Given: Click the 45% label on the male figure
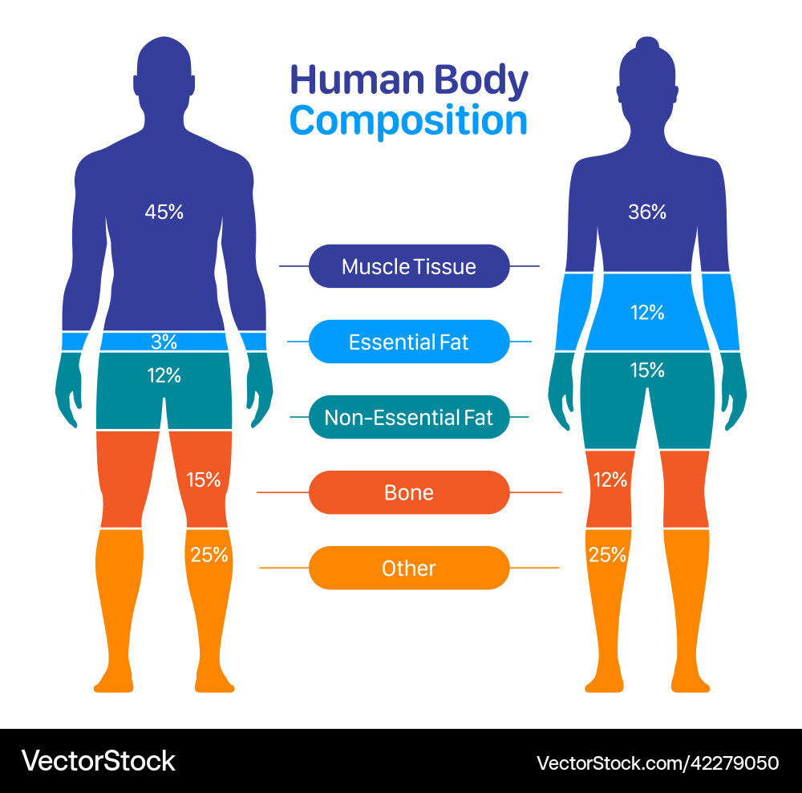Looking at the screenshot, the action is click(164, 212).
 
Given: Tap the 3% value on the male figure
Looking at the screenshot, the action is click(164, 342).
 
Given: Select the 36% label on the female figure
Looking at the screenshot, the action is click(647, 212).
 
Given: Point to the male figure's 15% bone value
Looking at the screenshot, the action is click(203, 479).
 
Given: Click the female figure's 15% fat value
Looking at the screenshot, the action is click(647, 370).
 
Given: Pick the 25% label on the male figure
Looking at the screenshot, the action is click(209, 555).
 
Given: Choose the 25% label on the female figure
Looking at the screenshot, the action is click(607, 555).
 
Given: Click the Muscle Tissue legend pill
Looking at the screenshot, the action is click(409, 266).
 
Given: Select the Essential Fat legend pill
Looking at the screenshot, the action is click(409, 342).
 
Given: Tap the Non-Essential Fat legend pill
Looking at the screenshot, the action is click(409, 417).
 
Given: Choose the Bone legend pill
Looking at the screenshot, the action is click(409, 492).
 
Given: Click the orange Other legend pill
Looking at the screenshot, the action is click(409, 568).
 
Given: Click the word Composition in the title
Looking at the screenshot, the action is click(408, 121).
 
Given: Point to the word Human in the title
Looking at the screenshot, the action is click(358, 80).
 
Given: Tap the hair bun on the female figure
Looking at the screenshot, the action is click(647, 43).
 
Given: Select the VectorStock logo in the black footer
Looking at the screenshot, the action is click(98, 761).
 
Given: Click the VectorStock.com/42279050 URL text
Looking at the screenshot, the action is click(658, 763).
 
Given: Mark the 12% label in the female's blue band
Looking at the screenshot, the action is click(647, 313).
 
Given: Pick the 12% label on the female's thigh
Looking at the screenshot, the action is click(610, 479).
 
